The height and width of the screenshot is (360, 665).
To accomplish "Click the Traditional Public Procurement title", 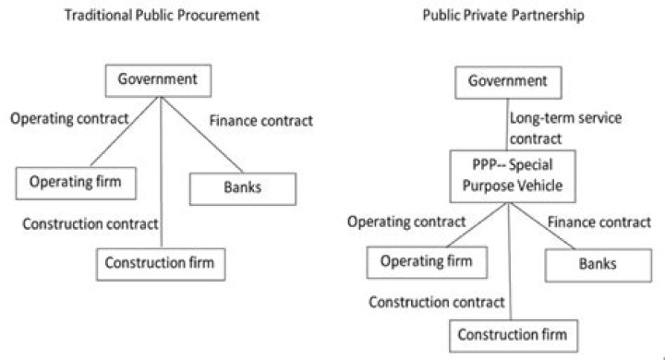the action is click(162, 16).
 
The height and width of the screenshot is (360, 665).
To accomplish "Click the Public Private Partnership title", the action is click(503, 16).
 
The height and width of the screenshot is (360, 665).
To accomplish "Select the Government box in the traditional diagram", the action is click(158, 80).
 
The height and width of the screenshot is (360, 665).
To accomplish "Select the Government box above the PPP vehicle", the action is click(508, 83).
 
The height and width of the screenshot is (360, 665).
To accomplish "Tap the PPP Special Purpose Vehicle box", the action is click(513, 176).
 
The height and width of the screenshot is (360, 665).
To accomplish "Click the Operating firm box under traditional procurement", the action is click(76, 183).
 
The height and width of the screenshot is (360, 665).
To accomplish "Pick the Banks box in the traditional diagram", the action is click(243, 188).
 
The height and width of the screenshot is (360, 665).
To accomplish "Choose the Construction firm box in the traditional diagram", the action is click(161, 264).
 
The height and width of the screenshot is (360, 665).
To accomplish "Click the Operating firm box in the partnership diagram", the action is click(427, 262).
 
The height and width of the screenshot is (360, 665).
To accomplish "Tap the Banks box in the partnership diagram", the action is click(598, 266).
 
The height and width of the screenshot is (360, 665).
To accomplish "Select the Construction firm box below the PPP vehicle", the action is click(514, 336).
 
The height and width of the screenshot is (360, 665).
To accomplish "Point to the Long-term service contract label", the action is click(565, 128).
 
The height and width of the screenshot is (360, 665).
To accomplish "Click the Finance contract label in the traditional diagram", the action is click(260, 121).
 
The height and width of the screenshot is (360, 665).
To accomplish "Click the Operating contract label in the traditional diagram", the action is click(69, 118).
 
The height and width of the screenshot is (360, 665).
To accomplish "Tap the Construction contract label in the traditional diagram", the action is click(90, 224).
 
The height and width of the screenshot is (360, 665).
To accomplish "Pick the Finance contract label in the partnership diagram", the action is click(598, 222).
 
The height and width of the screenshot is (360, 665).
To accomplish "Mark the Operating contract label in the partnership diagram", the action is click(406, 222).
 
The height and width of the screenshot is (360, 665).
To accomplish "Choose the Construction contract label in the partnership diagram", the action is click(436, 303).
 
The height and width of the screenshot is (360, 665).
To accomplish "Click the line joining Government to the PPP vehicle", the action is click(508, 125).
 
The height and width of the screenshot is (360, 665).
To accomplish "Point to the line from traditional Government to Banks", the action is click(202, 135).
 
